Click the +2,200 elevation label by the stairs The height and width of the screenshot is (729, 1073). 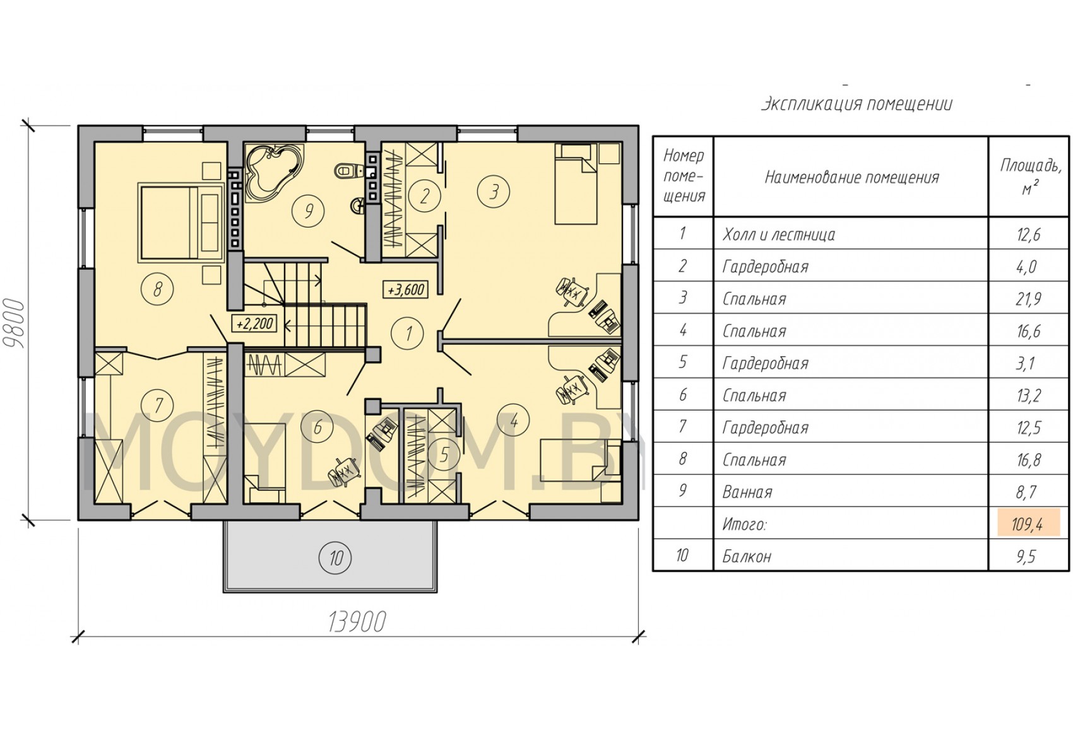[254, 324]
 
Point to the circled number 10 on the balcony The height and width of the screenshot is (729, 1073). [335, 557]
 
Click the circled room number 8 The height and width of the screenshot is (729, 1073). [157, 289]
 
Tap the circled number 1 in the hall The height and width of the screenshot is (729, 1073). [408, 333]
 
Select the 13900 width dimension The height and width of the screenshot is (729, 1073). [357, 622]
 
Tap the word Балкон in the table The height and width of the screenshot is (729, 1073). [747, 557]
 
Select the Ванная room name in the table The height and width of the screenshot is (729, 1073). [747, 492]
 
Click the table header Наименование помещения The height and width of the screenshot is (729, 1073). [851, 178]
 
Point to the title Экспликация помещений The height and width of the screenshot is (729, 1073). [857, 103]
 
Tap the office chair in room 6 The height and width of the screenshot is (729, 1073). [343, 472]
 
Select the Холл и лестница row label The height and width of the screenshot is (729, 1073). [779, 234]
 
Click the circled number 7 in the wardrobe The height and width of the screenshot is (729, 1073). [158, 405]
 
